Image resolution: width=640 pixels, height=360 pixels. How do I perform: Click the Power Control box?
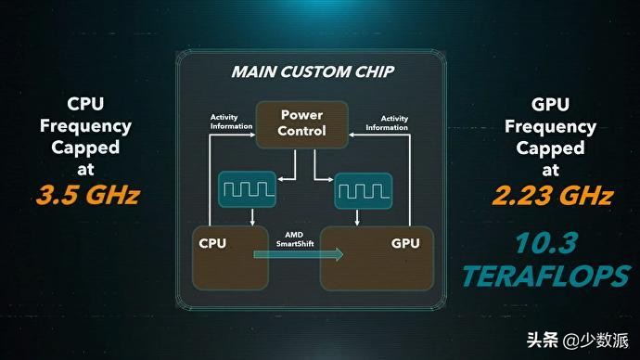tap(302, 122)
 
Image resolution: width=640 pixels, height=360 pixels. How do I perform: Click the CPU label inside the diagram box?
tap(214, 244)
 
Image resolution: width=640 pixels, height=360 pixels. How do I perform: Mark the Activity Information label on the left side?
tap(231, 122)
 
